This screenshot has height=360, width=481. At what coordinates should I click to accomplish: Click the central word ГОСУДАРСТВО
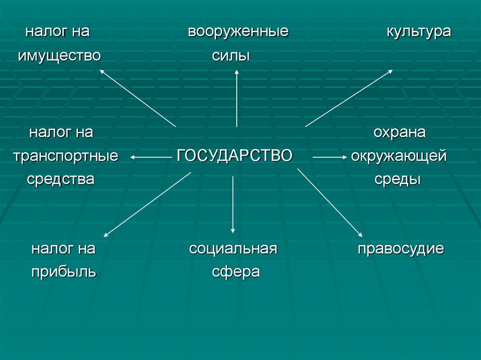235,155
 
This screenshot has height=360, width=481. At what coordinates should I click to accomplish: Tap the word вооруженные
238,32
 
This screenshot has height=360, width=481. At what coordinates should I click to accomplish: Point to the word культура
419,32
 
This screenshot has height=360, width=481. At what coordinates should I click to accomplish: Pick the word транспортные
66,156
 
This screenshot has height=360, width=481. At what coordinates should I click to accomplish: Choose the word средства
61,179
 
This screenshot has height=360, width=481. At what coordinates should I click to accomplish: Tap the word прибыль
64,272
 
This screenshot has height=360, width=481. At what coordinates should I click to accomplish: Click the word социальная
233,249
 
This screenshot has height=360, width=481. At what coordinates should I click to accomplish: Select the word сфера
235,272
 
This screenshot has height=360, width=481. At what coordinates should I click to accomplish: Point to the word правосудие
401,249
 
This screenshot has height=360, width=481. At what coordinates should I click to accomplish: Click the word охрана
399,133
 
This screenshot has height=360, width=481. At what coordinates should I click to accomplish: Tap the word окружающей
399,156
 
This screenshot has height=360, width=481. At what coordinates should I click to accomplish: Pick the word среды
397,179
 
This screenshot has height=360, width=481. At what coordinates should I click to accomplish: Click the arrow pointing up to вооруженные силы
237,98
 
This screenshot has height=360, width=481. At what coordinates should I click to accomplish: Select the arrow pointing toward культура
349,99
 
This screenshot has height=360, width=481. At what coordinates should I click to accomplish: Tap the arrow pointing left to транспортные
150,158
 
